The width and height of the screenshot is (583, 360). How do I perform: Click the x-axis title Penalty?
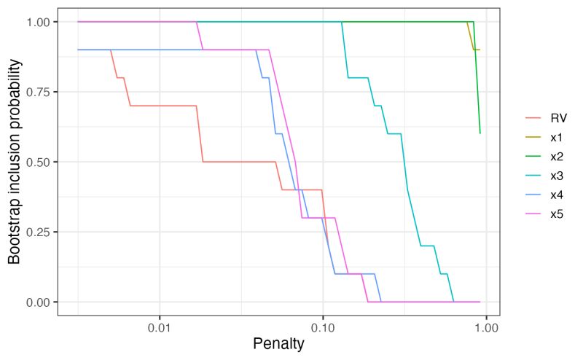[278, 343]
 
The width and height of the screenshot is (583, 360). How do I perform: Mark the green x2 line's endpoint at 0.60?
[480, 133]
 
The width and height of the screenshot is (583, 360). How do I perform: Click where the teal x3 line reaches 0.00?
[454, 301]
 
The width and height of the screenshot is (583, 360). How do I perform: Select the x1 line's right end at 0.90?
[479, 50]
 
